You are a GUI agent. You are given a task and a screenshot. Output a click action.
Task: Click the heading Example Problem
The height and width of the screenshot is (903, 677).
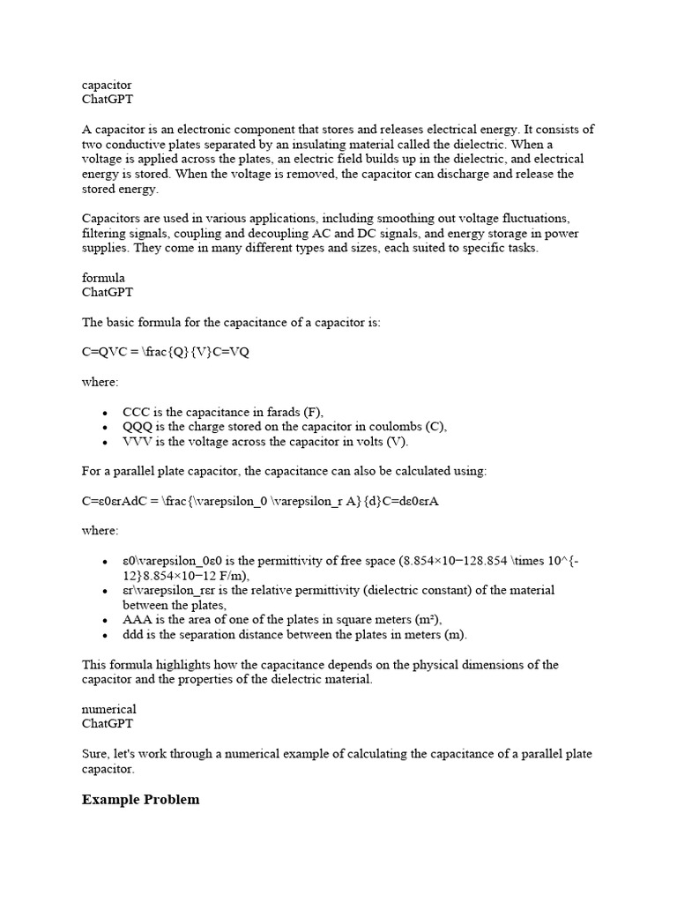pyautogui.click(x=140, y=800)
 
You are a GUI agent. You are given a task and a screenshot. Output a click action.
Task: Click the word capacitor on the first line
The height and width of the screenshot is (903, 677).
pyautogui.click(x=107, y=85)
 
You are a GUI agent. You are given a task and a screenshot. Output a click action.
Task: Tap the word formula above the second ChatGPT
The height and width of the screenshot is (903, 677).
pyautogui.click(x=103, y=278)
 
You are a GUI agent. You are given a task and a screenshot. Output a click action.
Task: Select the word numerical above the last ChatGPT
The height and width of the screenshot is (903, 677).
pyautogui.click(x=109, y=709)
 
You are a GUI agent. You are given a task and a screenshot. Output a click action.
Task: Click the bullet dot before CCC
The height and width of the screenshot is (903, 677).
pyautogui.click(x=106, y=413)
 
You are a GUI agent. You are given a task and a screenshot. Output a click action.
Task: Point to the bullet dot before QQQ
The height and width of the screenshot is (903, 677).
pyautogui.click(x=106, y=428)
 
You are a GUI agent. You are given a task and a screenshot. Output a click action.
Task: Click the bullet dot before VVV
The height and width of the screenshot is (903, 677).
pyautogui.click(x=106, y=443)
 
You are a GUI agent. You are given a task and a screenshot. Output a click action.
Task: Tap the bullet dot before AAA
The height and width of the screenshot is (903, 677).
pyautogui.click(x=106, y=620)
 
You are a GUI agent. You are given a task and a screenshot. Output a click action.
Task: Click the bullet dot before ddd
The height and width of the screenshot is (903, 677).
pyautogui.click(x=106, y=635)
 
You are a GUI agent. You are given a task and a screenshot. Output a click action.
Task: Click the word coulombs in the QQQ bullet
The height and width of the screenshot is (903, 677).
pyautogui.click(x=394, y=427)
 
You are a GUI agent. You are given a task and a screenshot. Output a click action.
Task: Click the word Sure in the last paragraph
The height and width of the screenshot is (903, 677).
pyautogui.click(x=95, y=754)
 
